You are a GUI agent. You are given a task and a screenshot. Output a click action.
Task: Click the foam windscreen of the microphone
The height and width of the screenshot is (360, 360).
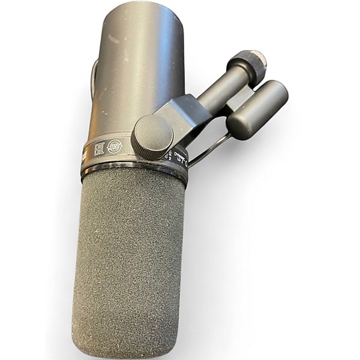click(129, 252)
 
